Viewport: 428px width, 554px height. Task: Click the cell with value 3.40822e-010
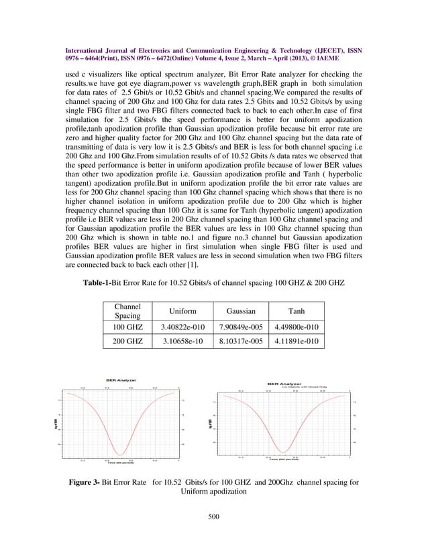point(178,327)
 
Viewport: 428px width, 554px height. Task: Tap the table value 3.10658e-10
point(178,342)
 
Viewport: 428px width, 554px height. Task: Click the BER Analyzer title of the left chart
point(121,380)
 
